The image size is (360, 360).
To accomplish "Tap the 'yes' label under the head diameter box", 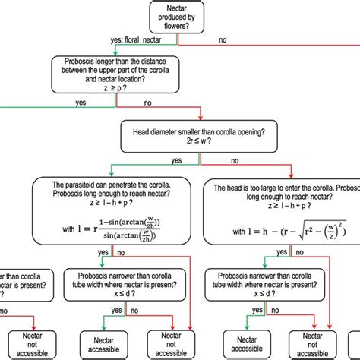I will pos(176,160).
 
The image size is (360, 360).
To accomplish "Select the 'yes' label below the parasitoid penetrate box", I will pos(103,252).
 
